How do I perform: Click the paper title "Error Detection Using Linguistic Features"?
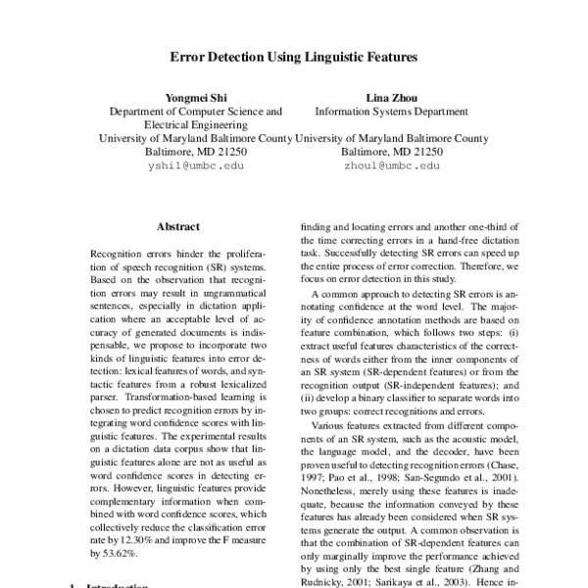[x=294, y=58]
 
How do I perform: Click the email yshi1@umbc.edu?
[x=196, y=167]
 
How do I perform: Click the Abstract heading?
[x=177, y=226]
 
